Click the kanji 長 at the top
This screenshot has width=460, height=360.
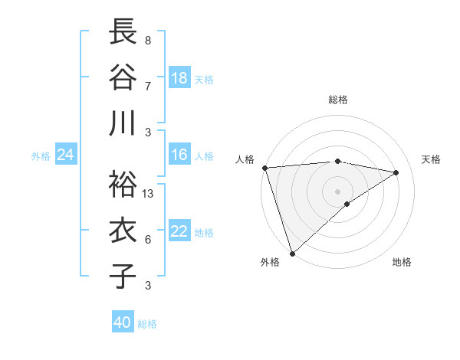pos(123,33)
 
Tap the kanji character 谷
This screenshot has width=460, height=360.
pos(123,77)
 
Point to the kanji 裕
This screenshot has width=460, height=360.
pos(123,185)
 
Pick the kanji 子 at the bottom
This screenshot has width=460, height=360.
pos(123,276)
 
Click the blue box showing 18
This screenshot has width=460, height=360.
pos(179,78)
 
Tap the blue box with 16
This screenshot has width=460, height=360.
pos(179,155)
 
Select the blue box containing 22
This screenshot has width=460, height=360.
pos(179,232)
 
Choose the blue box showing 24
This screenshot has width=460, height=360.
pos(65,155)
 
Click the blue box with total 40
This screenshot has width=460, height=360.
pos(123,322)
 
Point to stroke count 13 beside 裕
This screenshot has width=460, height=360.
pos(148,194)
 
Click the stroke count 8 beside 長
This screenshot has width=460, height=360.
pos(147,40)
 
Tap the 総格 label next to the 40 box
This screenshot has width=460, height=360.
pos(147,324)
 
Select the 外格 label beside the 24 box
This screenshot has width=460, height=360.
pos(41,156)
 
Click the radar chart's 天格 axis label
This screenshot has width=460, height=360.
pos(432,159)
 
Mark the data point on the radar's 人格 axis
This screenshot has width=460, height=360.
pos(264,167)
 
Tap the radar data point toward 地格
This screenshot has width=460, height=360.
pos(347,203)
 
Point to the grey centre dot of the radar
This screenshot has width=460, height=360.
pos(337,190)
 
